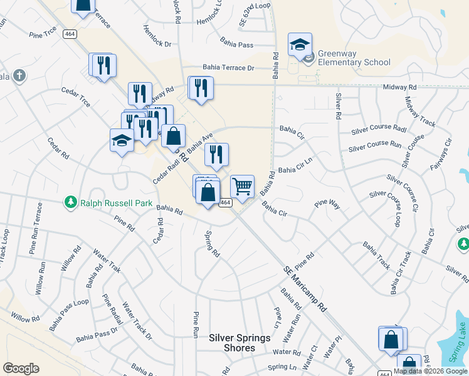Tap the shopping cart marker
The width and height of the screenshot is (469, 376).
point(242,187)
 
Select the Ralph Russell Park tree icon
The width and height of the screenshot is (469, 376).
point(70,202)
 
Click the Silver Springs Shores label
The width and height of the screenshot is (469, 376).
point(240,343)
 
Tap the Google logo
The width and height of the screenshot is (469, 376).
point(21,368)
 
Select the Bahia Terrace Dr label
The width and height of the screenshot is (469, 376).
point(228,68)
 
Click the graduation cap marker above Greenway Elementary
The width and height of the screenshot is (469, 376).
point(300,44)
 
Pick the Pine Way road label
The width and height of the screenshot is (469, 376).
point(327,204)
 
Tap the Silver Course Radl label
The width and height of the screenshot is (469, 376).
point(379,129)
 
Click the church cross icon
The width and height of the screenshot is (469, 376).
point(19,76)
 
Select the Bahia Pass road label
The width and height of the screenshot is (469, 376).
point(236,44)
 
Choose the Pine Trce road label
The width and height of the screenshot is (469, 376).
point(42,36)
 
